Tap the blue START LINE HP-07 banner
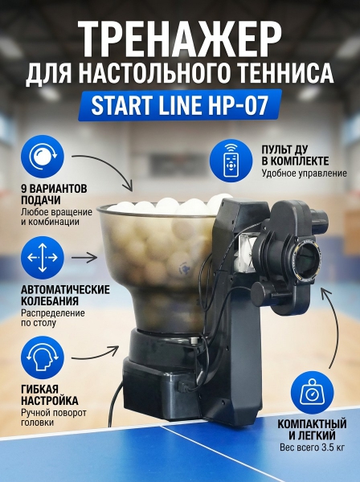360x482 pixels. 180,105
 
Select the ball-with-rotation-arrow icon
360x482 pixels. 43,157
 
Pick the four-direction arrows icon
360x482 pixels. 43,258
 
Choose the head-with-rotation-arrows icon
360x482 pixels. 43,357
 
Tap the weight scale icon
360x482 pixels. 312,393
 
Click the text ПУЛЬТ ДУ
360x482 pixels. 284,149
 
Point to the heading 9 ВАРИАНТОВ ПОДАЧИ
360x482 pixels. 54,194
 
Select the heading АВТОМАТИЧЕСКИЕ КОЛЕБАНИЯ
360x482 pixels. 65,295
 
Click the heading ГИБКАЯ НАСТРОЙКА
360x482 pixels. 49,395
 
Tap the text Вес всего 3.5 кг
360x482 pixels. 312,447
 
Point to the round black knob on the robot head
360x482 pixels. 260,294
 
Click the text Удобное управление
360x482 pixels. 304,174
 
